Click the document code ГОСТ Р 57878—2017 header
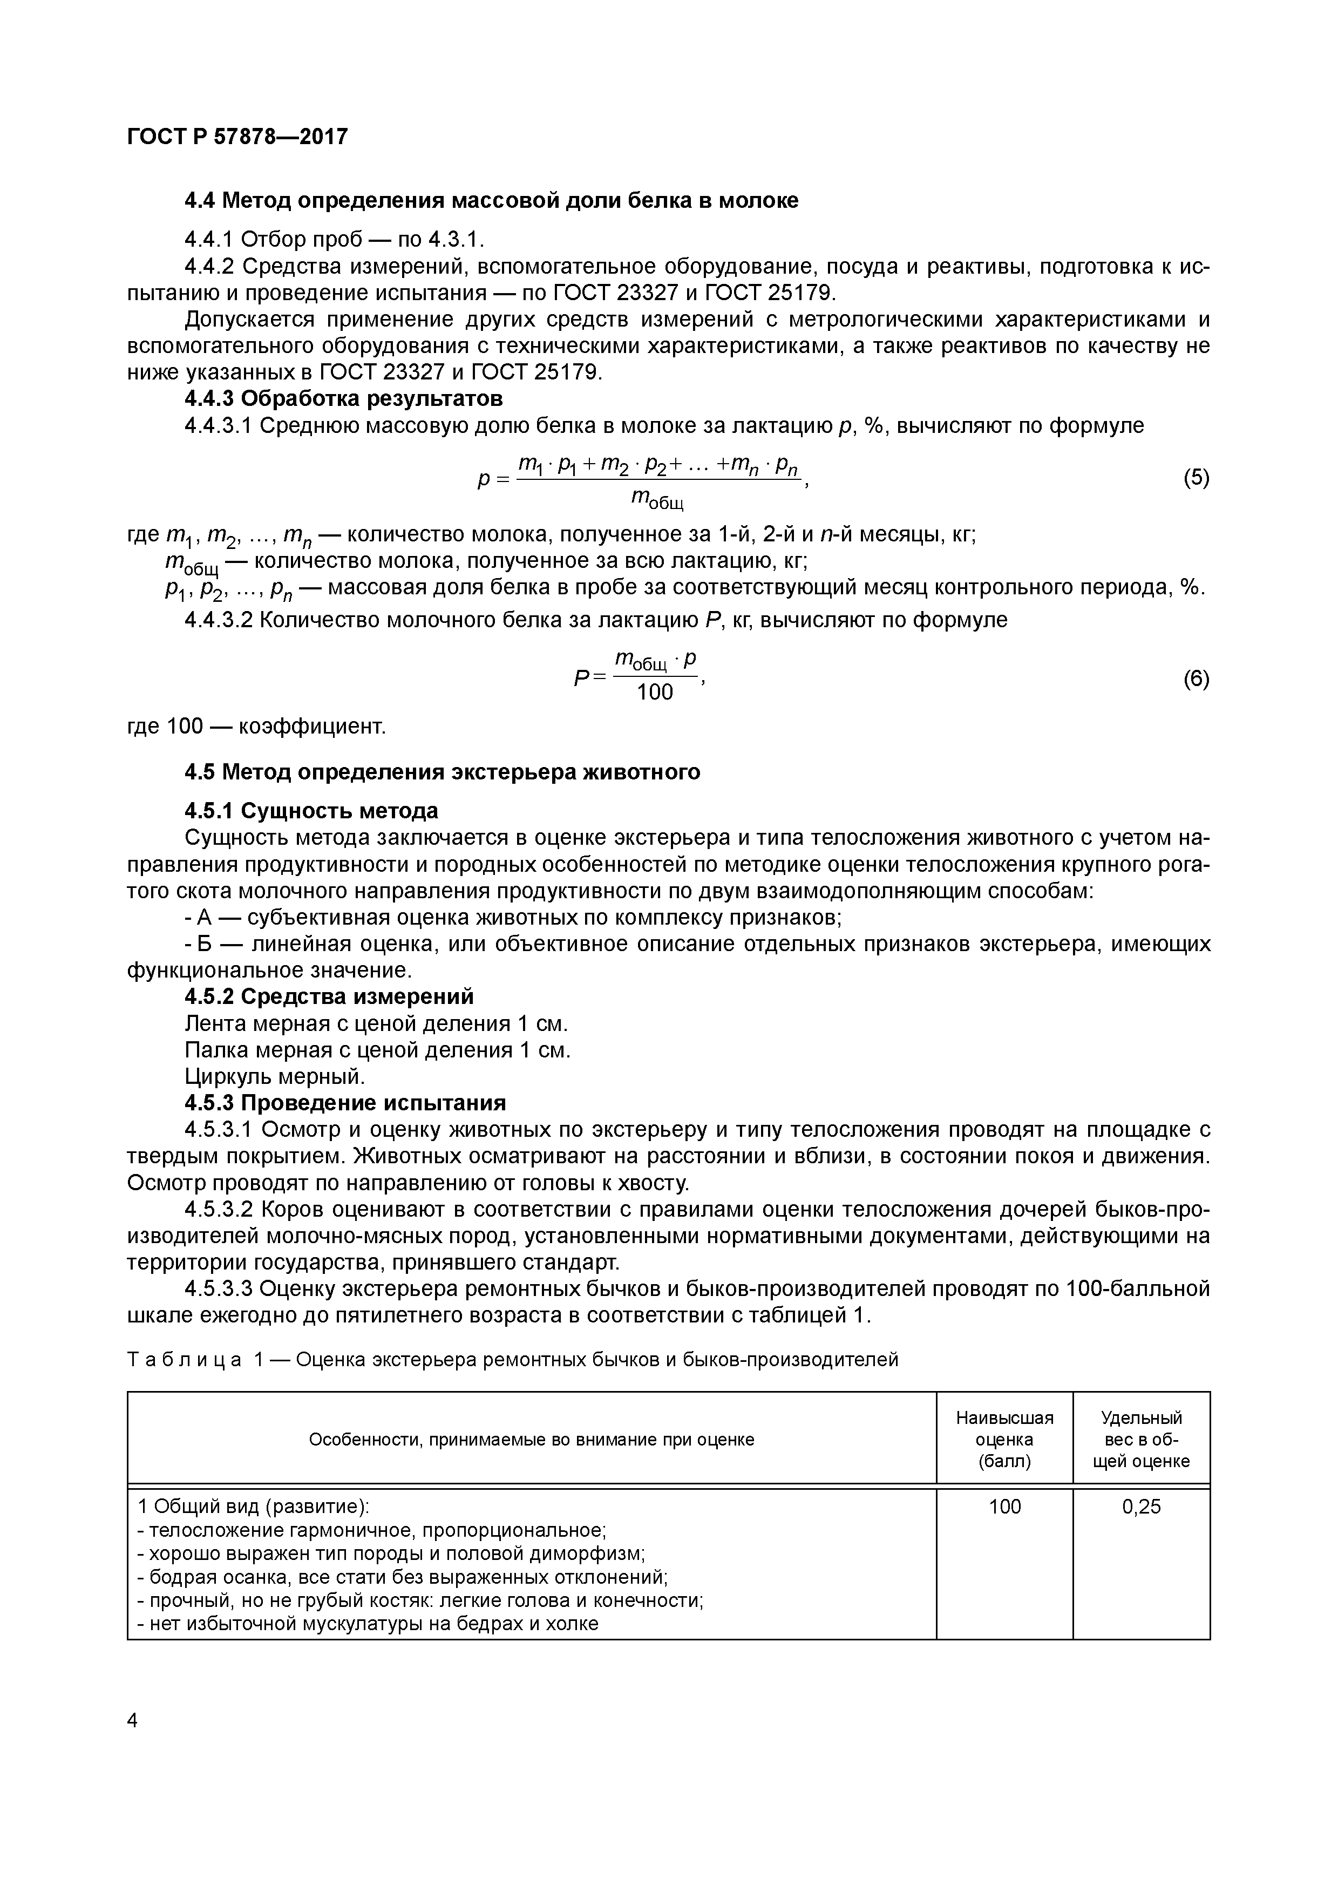pyautogui.click(x=237, y=136)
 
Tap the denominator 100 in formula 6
pyautogui.click(x=655, y=692)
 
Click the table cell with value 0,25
pyautogui.click(x=1141, y=1507)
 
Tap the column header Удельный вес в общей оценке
pyautogui.click(x=1141, y=1440)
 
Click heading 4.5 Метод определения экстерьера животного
pyautogui.click(x=442, y=772)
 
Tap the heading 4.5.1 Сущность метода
pyautogui.click(x=311, y=810)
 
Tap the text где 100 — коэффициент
pyautogui.click(x=256, y=727)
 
